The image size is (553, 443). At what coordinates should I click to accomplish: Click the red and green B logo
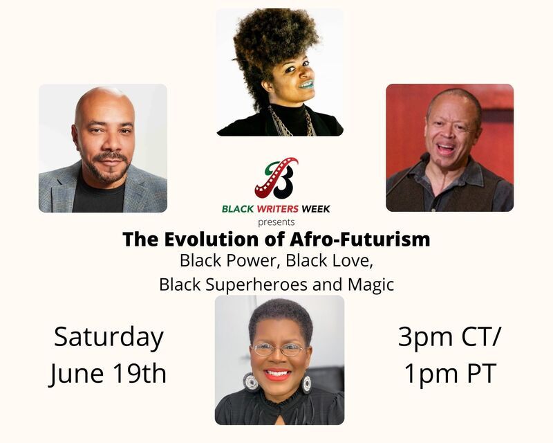coord(276,178)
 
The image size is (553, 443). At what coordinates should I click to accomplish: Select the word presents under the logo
coord(276,223)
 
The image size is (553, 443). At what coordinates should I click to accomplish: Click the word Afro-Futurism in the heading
coord(359,239)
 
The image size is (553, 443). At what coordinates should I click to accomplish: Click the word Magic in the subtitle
coord(371,284)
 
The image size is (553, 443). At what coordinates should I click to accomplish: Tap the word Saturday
coord(109,337)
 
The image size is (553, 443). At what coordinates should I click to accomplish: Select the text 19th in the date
coord(140,373)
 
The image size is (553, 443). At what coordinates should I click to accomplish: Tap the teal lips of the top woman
coord(306,84)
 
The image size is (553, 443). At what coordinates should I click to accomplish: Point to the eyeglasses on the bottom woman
coord(279,350)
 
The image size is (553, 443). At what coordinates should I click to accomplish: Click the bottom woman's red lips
coord(277,374)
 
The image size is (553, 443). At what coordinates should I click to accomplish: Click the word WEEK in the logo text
coord(316,209)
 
